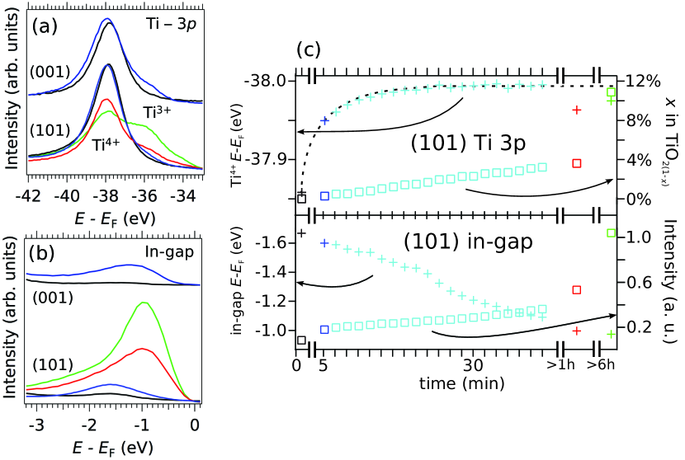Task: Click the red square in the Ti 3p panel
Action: [x=577, y=163]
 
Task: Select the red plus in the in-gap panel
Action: [x=577, y=331]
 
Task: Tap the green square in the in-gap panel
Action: [x=611, y=233]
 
